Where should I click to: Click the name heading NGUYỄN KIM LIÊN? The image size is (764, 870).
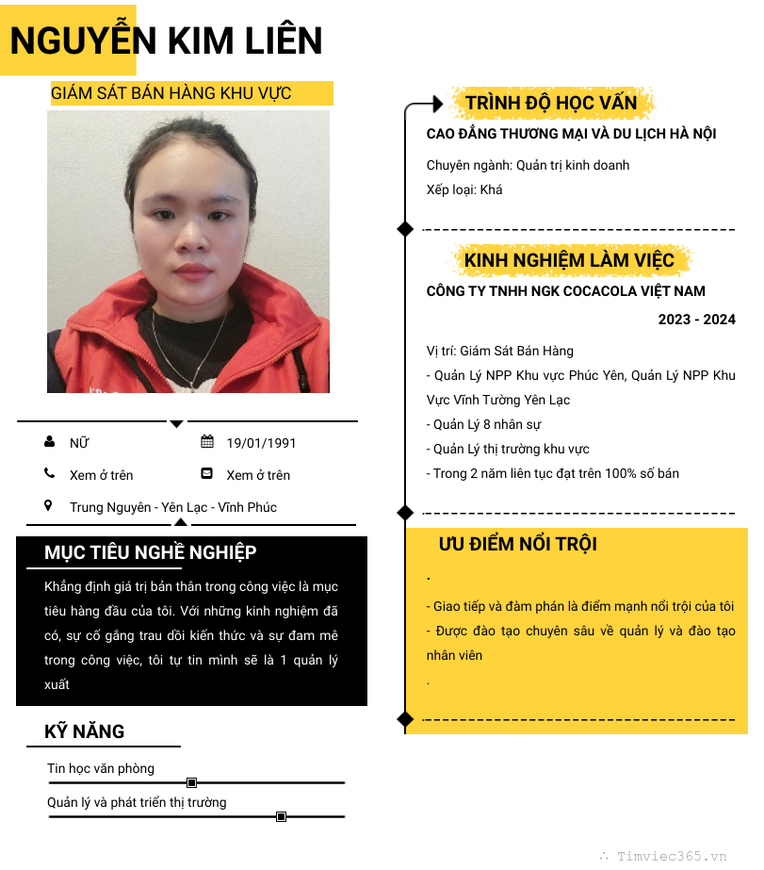(166, 41)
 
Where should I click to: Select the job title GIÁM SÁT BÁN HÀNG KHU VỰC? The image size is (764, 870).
(171, 93)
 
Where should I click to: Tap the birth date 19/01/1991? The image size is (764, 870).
(261, 443)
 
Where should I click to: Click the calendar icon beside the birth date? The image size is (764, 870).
(207, 442)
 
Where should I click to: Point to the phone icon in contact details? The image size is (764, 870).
(49, 474)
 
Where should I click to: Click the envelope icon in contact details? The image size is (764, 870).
(207, 474)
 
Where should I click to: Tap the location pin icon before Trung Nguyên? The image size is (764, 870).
(49, 506)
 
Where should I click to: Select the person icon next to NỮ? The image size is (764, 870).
(49, 442)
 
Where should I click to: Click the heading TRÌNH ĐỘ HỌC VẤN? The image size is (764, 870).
(551, 103)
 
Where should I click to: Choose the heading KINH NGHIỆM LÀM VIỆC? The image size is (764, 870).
(569, 260)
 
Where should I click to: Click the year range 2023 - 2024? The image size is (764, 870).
(696, 320)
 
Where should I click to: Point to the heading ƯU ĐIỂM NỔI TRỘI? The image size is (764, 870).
(517, 544)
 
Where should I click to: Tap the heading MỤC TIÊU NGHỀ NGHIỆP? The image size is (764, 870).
(150, 552)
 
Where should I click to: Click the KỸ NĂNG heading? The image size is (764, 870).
(84, 731)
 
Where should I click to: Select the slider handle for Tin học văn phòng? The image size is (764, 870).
(192, 782)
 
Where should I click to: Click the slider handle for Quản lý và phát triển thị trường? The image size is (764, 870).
(281, 816)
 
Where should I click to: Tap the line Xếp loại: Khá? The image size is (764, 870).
(464, 189)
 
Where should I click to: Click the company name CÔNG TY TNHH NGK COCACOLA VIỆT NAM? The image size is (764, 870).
(565, 291)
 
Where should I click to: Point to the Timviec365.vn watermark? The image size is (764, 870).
(671, 856)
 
